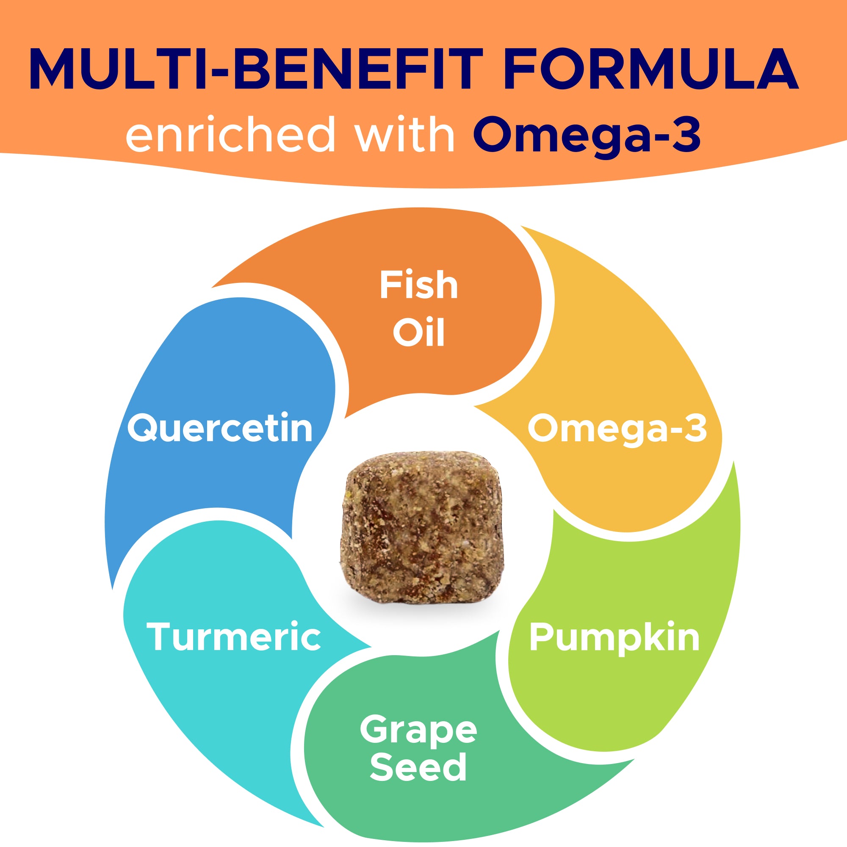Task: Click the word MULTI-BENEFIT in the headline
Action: tap(256, 69)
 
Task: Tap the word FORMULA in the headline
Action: tap(651, 69)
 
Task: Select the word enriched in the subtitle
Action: tap(231, 134)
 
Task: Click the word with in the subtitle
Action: tap(404, 134)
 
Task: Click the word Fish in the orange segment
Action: tap(419, 285)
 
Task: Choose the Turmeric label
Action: tap(234, 637)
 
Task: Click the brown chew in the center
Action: tap(422, 526)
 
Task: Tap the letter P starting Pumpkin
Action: tap(542, 637)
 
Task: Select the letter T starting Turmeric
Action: tap(161, 637)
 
